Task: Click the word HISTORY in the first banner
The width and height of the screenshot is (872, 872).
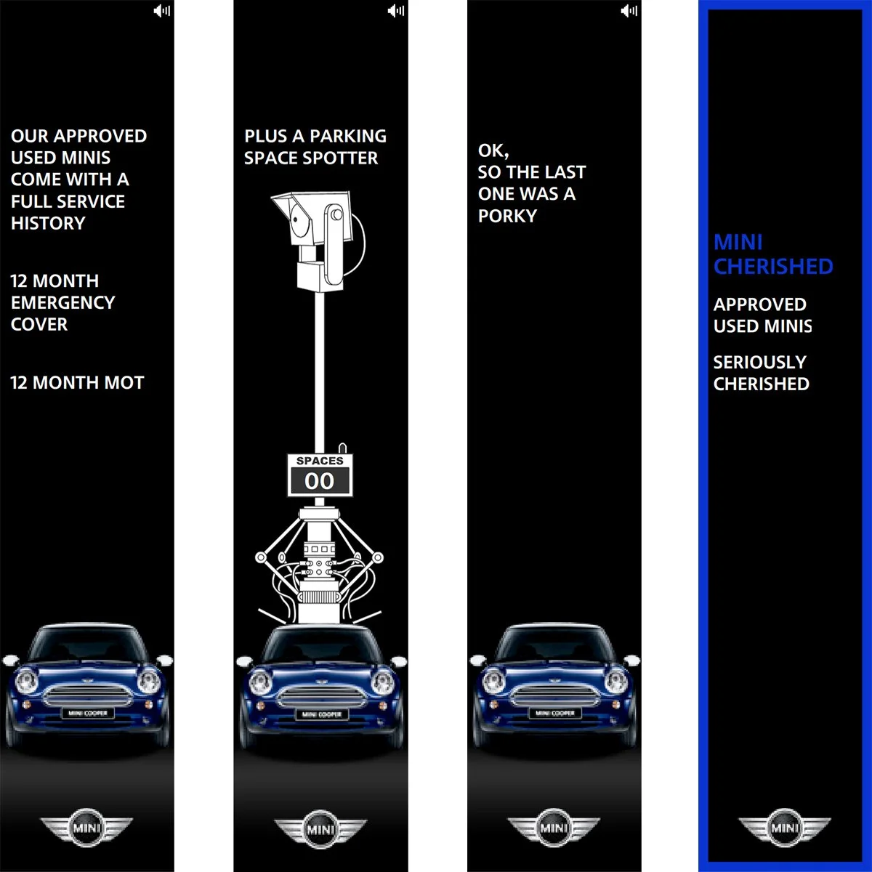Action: [48, 223]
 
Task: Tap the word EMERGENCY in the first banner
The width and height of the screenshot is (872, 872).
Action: [63, 302]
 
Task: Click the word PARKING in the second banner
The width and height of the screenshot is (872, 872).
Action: [349, 136]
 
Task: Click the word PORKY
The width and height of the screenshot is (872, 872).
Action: [507, 216]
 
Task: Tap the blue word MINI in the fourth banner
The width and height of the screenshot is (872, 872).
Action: [738, 242]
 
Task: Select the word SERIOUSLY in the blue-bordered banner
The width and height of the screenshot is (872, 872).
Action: [760, 362]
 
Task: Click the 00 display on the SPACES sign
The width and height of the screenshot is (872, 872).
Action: [320, 481]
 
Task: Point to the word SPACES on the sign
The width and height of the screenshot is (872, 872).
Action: [320, 461]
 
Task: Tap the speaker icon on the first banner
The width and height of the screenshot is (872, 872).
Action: [162, 10]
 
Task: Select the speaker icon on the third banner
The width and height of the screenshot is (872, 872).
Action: [629, 10]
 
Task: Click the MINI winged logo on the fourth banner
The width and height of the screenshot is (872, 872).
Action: [785, 828]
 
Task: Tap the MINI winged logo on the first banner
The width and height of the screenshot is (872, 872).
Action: [86, 828]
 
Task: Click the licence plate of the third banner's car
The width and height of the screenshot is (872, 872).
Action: [555, 714]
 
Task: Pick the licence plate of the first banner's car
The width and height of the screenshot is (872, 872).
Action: [88, 714]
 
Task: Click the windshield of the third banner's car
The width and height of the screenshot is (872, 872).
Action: [555, 643]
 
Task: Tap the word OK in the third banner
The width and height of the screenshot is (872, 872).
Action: [491, 150]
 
